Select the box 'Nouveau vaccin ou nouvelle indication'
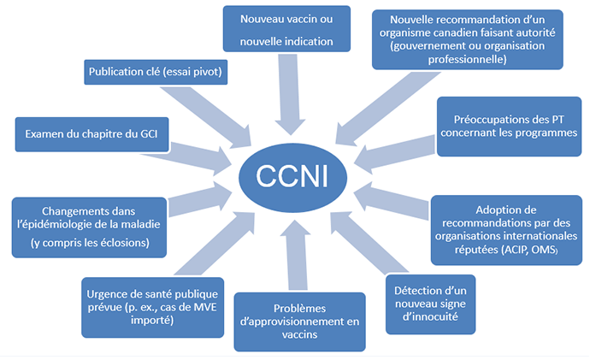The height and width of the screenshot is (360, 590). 290,29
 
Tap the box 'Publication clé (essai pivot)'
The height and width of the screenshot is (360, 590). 156,73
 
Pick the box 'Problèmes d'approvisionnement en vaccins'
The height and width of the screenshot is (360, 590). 299,322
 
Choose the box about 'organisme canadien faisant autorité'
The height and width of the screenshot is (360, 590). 467,39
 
